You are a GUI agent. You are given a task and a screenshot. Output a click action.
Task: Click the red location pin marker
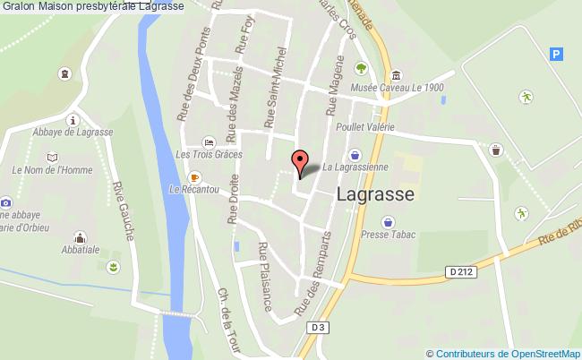(x=299, y=162)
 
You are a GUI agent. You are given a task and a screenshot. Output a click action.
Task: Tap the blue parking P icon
(x=557, y=54)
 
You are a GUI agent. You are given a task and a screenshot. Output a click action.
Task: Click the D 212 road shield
(x=457, y=270)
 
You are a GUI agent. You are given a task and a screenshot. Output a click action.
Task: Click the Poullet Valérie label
(x=364, y=128)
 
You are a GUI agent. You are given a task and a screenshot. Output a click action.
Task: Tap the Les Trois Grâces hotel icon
(x=209, y=142)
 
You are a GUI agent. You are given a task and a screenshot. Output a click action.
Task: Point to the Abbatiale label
(x=81, y=253)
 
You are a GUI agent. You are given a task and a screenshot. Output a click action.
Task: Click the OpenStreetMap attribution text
(x=504, y=353)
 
